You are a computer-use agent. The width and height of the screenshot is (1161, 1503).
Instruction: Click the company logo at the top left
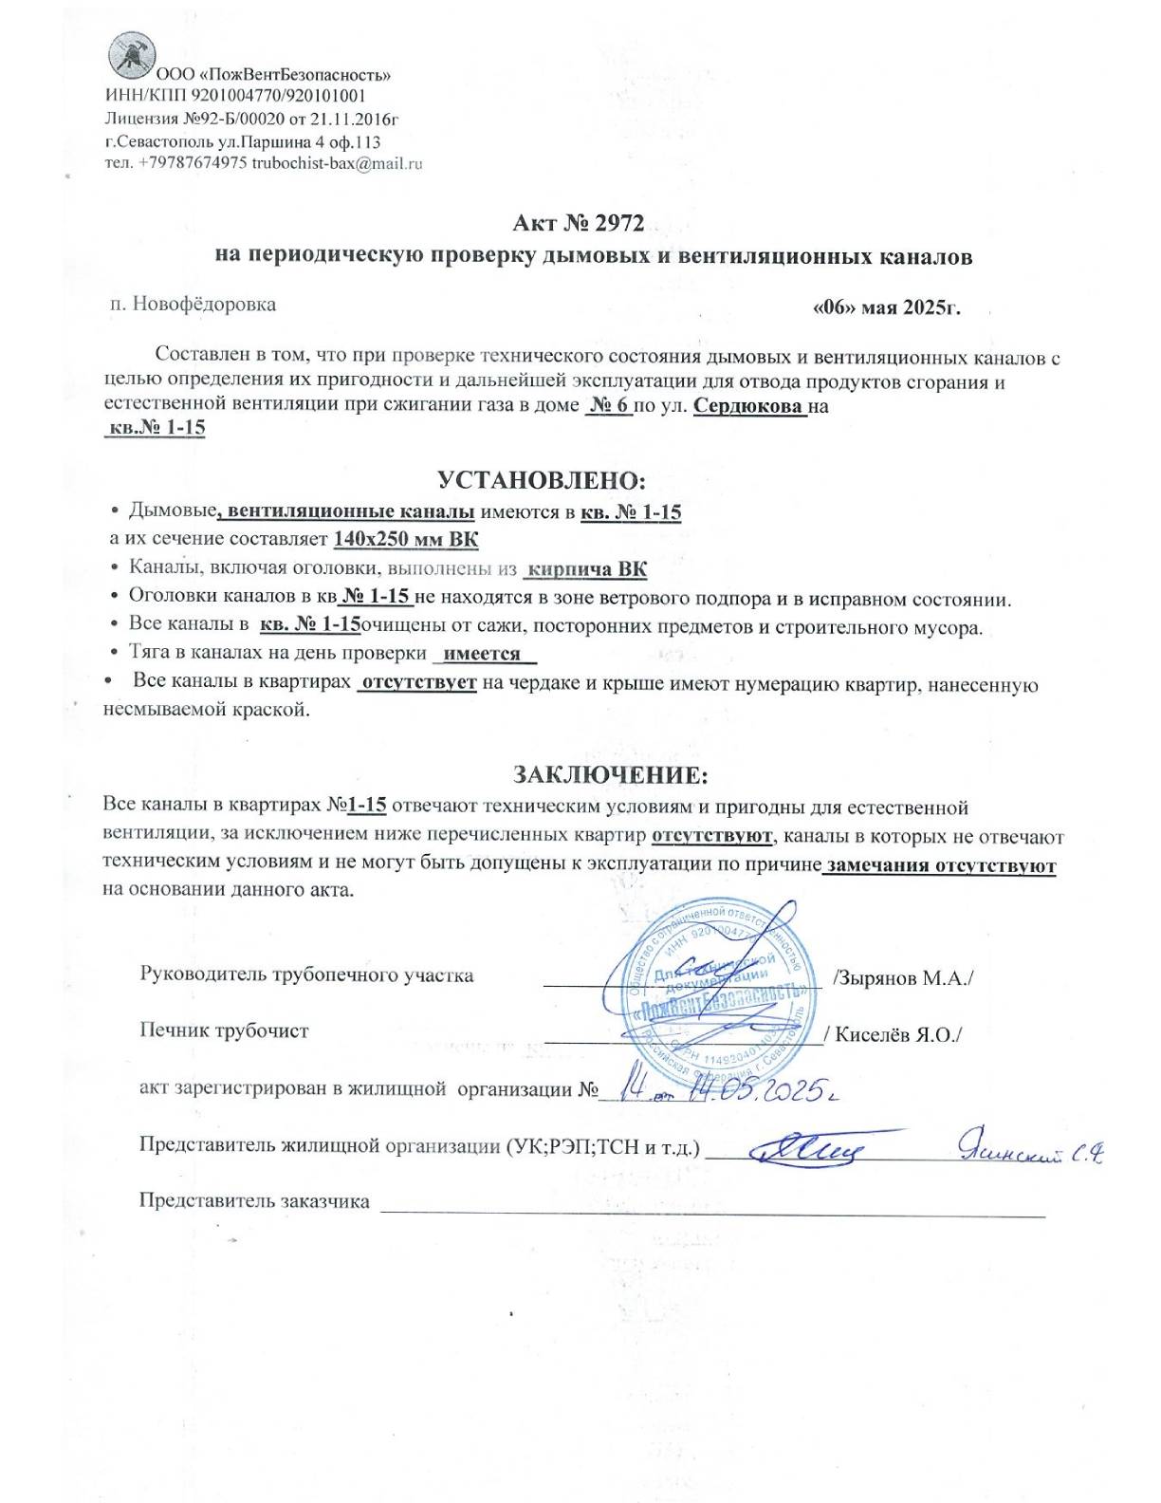131,54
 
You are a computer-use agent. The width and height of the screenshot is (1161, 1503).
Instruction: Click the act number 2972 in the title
618,223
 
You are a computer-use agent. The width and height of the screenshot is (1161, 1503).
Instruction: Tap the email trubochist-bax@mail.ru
337,163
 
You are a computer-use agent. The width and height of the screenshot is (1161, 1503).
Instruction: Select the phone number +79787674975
193,163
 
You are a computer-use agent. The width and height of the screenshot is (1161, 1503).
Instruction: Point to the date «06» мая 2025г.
887,307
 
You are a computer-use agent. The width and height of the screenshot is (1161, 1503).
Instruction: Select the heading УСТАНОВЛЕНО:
542,480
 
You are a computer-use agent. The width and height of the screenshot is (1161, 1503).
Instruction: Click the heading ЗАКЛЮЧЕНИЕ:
610,775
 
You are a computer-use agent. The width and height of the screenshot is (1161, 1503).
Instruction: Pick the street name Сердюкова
749,407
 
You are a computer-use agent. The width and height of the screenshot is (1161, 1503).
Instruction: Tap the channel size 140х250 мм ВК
406,540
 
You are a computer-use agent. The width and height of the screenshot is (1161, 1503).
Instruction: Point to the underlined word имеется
482,654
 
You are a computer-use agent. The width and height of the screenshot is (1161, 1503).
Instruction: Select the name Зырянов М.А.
904,978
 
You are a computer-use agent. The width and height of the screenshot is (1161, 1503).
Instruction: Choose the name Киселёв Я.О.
896,1034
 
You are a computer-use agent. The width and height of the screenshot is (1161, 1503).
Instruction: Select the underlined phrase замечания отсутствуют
941,866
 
